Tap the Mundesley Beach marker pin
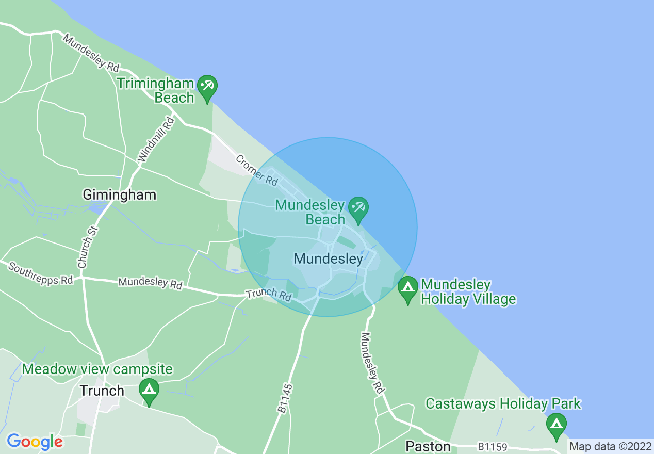[x=358, y=209]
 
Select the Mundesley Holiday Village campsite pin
[x=408, y=289]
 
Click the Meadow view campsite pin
[x=149, y=391]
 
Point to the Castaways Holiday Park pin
[x=556, y=426]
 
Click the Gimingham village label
[x=120, y=194]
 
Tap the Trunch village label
[x=102, y=391]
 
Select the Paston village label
[x=428, y=446]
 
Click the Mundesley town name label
[x=329, y=258]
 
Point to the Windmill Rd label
[x=156, y=139]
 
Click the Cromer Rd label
[x=257, y=170]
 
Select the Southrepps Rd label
[x=40, y=274]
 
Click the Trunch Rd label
[x=269, y=295]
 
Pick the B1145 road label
[x=285, y=398]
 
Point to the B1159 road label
[x=492, y=446]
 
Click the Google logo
[x=35, y=442]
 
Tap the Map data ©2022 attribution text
[x=610, y=446]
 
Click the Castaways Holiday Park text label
[x=503, y=403]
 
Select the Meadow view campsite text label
[x=97, y=369]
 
